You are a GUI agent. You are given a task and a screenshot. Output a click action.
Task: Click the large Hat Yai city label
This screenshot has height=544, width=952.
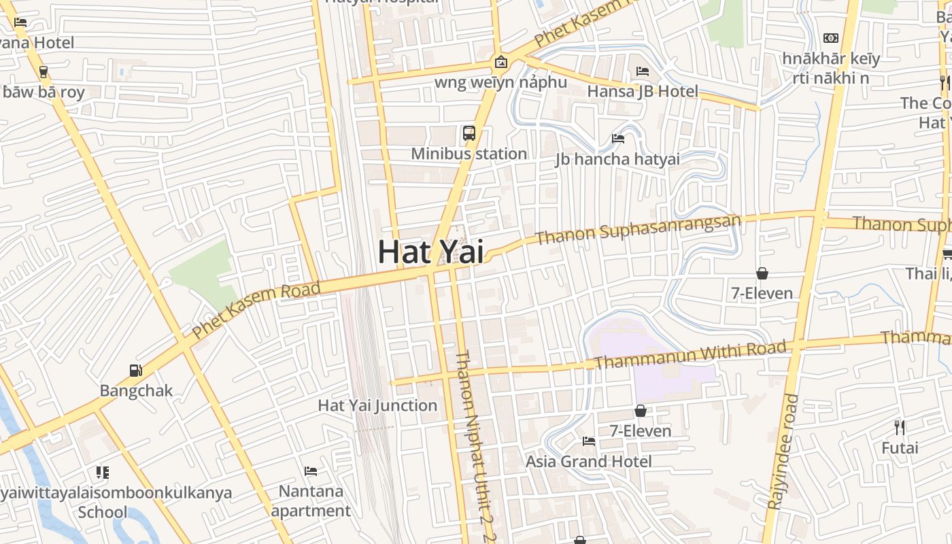[x=430, y=252]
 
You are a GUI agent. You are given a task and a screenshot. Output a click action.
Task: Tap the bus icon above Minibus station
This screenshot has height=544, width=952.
[x=469, y=133]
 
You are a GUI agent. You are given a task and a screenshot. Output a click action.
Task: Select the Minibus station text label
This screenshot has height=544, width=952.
[x=469, y=154]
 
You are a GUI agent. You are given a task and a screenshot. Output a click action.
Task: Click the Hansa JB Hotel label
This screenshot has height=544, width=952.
[x=643, y=91]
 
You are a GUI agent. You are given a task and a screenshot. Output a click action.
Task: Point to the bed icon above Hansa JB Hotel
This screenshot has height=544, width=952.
[x=643, y=71]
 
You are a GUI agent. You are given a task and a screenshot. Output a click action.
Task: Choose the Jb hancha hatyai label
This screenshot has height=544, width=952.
[x=617, y=159]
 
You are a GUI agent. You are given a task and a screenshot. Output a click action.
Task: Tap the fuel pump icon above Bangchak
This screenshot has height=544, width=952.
[x=136, y=371]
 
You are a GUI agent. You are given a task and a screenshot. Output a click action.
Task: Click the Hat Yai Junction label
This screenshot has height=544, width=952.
[x=377, y=406]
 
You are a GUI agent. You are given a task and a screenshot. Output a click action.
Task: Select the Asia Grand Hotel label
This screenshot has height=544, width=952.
[x=588, y=462]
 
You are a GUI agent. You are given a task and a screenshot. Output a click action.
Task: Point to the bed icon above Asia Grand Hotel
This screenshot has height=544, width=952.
[x=589, y=441]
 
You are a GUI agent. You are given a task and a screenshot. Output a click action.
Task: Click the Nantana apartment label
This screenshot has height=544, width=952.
[x=311, y=500]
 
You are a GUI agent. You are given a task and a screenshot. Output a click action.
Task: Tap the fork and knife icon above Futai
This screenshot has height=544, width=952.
[x=900, y=428]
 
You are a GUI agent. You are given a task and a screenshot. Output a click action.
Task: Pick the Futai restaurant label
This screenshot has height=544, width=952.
[x=900, y=448]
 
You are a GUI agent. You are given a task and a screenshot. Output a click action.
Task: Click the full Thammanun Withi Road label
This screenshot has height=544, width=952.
[x=690, y=354]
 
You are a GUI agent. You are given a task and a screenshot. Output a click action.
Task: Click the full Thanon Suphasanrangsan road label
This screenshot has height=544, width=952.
[x=638, y=230]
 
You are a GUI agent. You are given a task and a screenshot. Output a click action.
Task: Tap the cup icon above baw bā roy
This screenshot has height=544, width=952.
[x=44, y=71]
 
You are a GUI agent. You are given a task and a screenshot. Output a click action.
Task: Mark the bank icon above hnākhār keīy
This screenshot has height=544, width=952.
[x=831, y=38]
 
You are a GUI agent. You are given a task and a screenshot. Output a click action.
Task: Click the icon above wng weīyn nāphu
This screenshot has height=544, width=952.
[x=501, y=63]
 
